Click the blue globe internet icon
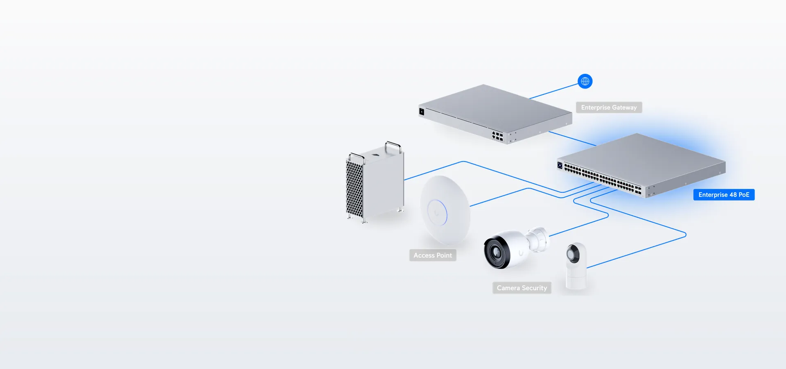(x=585, y=81)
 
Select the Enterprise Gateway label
(x=609, y=107)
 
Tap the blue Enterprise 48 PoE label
(x=724, y=195)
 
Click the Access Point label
(x=433, y=255)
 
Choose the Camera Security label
(x=522, y=288)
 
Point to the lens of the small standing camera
(x=573, y=254)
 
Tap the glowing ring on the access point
(x=437, y=212)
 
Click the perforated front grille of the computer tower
(x=355, y=189)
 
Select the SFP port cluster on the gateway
(x=497, y=137)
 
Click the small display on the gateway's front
(x=422, y=112)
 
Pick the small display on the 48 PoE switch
(x=560, y=165)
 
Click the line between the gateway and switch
(x=572, y=139)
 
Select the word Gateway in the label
(x=624, y=107)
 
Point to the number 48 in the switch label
(x=733, y=195)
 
